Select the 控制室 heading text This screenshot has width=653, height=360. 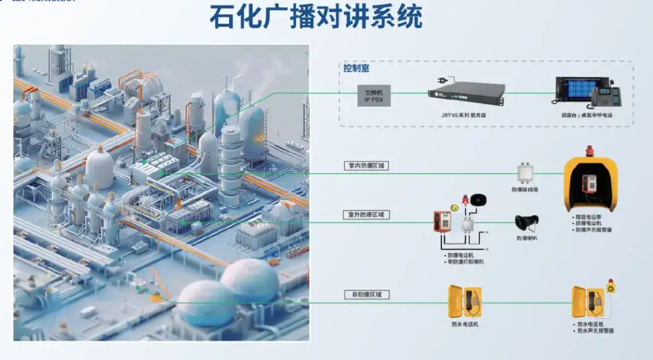point(356,68)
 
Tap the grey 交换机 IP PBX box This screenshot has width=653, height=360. point(374,95)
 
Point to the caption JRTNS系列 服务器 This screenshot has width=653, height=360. point(465,113)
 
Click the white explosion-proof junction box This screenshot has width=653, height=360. point(525,174)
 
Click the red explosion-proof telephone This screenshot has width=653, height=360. point(441,222)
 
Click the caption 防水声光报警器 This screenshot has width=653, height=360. point(596,331)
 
